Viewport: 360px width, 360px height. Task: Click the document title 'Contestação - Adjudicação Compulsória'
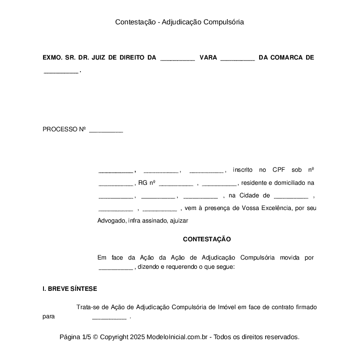(180, 22)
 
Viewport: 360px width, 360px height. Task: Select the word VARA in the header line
(208, 57)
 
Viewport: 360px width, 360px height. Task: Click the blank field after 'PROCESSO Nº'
(106, 130)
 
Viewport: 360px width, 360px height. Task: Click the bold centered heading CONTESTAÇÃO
(207, 239)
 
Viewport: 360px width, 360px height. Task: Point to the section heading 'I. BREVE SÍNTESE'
(70, 289)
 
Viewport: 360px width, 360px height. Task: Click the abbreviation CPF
(279, 170)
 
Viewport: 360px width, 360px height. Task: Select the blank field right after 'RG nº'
(176, 183)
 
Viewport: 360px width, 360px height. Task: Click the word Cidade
(249, 196)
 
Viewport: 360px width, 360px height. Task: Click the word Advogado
(112, 221)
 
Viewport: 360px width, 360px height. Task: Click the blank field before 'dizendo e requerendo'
(116, 267)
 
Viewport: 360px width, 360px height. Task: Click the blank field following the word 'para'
(110, 317)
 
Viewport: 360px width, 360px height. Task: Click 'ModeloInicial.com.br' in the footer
(178, 337)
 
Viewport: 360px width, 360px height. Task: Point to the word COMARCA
(287, 57)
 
